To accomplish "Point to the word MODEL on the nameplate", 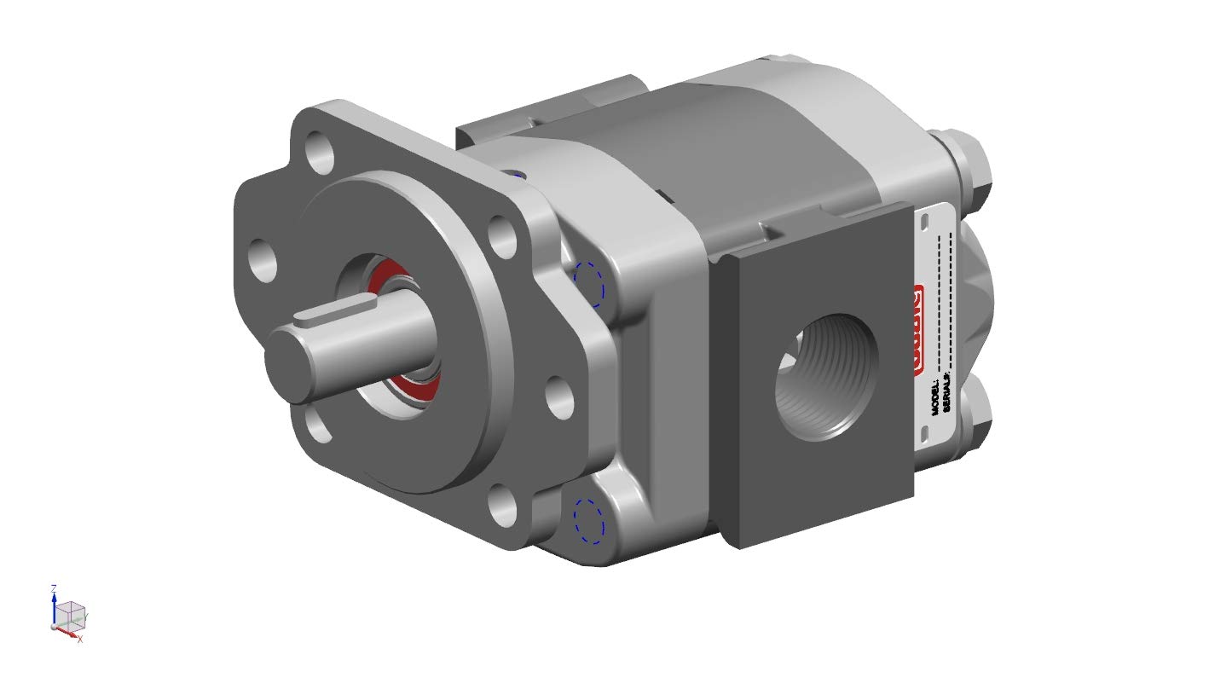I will tap(935, 397).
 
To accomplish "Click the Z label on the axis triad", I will tap(54, 588).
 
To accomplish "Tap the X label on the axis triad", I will tap(80, 639).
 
